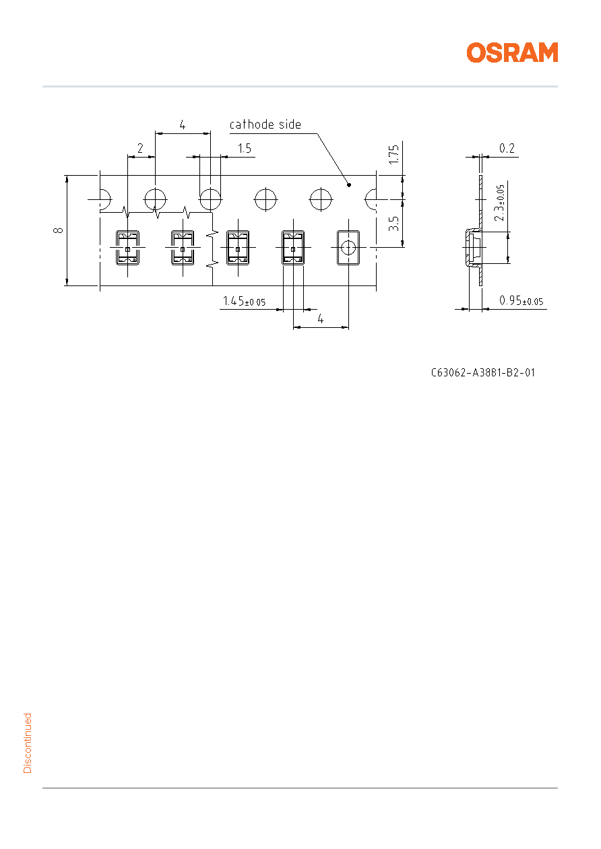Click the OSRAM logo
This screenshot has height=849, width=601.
[x=512, y=53]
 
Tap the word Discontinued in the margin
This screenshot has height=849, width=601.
[x=28, y=743]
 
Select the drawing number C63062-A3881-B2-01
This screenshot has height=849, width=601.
[x=482, y=372]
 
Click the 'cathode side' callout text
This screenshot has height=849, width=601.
[x=265, y=125]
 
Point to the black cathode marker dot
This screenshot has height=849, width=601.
[x=349, y=185]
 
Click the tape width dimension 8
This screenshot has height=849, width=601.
[x=59, y=230]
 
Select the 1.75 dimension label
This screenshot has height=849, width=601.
[x=394, y=154]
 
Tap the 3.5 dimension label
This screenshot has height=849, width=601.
[x=394, y=224]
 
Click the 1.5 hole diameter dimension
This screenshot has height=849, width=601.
[x=244, y=148]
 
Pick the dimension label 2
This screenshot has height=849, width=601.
[x=140, y=148]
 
